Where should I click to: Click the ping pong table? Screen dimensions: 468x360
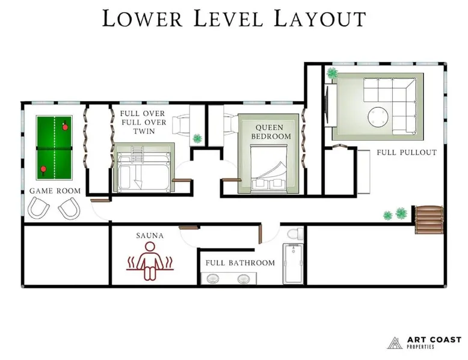[54, 148]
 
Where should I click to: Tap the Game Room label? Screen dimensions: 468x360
[55, 191]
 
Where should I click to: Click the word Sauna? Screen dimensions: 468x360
[150, 236]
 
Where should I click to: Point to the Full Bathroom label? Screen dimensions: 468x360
[240, 263]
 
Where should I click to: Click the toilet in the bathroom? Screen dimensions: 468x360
[295, 234]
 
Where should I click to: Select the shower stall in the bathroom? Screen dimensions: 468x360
[293, 264]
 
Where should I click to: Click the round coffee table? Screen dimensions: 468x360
[378, 117]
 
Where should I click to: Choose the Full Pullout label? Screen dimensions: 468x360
[407, 153]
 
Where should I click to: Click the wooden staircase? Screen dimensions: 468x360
[429, 220]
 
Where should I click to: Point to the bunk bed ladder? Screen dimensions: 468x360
[137, 155]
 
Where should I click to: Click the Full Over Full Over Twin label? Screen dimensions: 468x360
[143, 122]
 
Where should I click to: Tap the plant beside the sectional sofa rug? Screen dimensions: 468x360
[332, 73]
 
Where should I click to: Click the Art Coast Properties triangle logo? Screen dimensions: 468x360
[395, 343]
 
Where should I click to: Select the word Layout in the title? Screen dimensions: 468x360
[319, 19]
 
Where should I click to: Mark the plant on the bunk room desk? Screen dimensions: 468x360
[197, 138]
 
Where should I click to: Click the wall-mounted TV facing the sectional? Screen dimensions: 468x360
[327, 104]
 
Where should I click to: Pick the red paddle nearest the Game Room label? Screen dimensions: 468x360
[43, 169]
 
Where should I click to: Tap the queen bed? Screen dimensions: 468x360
[269, 168]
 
